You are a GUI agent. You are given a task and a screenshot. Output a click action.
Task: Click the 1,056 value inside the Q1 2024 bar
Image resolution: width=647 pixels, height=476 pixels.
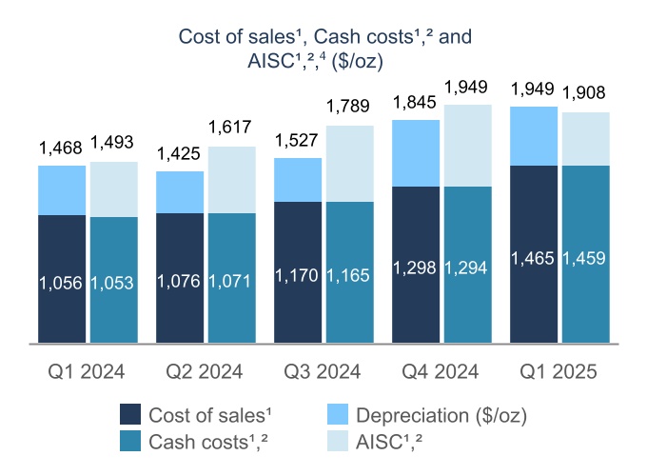point(61,283)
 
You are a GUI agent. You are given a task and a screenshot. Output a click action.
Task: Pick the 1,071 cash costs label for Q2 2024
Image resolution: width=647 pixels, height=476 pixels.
point(232,283)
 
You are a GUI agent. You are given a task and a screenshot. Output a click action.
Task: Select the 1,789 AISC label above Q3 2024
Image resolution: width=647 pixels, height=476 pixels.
point(350,109)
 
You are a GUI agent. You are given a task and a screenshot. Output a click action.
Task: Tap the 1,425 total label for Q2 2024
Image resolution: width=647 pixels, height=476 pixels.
point(180,152)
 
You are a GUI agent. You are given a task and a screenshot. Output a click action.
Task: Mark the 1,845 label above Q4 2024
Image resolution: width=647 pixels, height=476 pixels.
point(416,101)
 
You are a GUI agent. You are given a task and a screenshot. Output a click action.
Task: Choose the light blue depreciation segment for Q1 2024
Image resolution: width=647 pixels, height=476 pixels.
point(62,190)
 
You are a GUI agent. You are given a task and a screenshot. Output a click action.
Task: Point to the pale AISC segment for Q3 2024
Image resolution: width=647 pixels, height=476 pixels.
point(350,164)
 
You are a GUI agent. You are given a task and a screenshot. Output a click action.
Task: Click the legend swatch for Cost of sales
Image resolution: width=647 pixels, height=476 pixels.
point(131,414)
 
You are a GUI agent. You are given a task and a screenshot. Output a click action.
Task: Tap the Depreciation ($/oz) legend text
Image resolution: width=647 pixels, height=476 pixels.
point(441,414)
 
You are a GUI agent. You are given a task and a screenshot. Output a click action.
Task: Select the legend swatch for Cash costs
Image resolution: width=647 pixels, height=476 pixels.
point(131,442)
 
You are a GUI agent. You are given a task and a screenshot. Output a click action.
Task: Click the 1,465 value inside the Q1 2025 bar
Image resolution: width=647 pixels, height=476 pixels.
point(534,258)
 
